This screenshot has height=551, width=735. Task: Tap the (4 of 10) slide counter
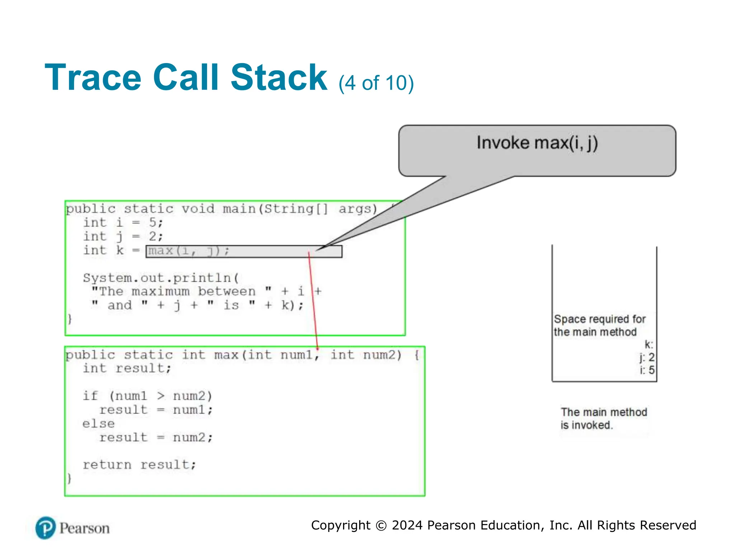(x=376, y=83)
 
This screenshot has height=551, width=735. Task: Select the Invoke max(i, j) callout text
(x=537, y=143)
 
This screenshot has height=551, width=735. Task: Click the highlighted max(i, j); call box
(x=244, y=251)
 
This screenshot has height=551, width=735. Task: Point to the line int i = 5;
(x=123, y=223)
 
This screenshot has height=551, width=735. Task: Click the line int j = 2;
(x=123, y=237)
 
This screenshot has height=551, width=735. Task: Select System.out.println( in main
(x=161, y=278)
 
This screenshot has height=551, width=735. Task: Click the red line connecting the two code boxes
(x=313, y=301)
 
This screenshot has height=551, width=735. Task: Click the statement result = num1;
(x=156, y=410)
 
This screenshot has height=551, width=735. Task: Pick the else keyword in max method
(x=98, y=424)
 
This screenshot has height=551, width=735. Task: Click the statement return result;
(x=139, y=465)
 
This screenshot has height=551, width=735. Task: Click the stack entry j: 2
(x=647, y=358)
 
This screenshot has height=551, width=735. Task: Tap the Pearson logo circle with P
(x=46, y=528)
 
